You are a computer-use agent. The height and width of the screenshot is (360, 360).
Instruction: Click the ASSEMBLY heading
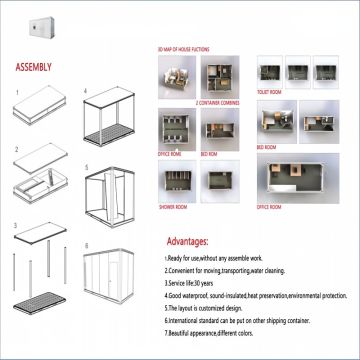pos(35,69)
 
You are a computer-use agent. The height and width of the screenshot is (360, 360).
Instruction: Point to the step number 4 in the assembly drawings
pos(86,91)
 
